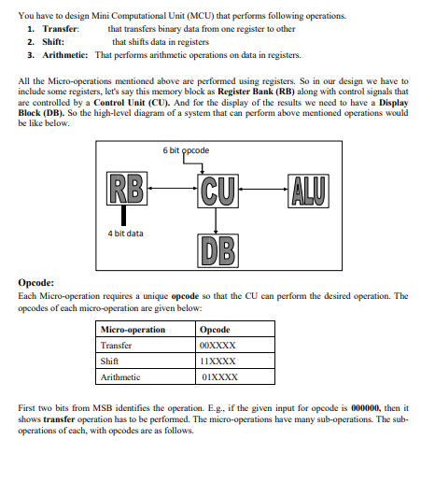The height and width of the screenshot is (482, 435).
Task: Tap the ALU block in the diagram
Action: click(310, 188)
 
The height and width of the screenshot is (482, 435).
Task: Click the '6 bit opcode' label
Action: click(186, 150)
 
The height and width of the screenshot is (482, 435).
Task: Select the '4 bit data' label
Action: click(124, 234)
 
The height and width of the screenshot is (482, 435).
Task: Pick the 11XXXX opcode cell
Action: click(218, 361)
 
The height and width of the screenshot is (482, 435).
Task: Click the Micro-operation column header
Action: click(133, 329)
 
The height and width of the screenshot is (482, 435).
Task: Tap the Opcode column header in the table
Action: click(215, 329)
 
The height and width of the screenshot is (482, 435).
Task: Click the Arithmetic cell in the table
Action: click(120, 376)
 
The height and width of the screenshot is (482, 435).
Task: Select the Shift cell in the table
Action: click(110, 361)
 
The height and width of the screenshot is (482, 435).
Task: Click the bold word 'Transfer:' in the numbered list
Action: click(59, 30)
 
